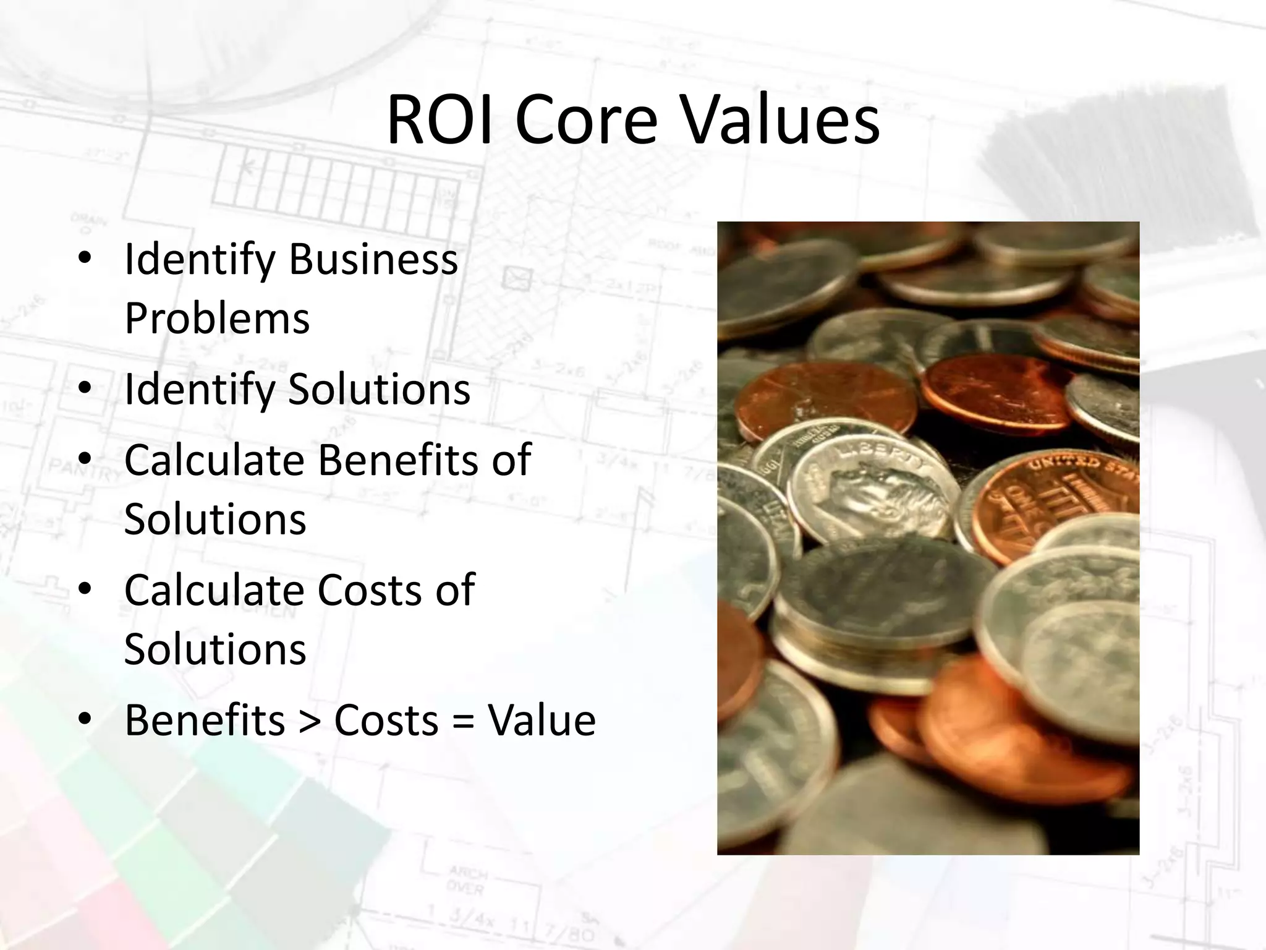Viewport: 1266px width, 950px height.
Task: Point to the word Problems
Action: click(216, 319)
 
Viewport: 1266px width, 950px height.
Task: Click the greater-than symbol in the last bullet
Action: click(308, 721)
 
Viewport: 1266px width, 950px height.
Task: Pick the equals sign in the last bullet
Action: click(462, 721)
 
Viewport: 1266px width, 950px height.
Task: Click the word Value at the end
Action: click(542, 720)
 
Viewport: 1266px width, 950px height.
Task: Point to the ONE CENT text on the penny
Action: click(1014, 507)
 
